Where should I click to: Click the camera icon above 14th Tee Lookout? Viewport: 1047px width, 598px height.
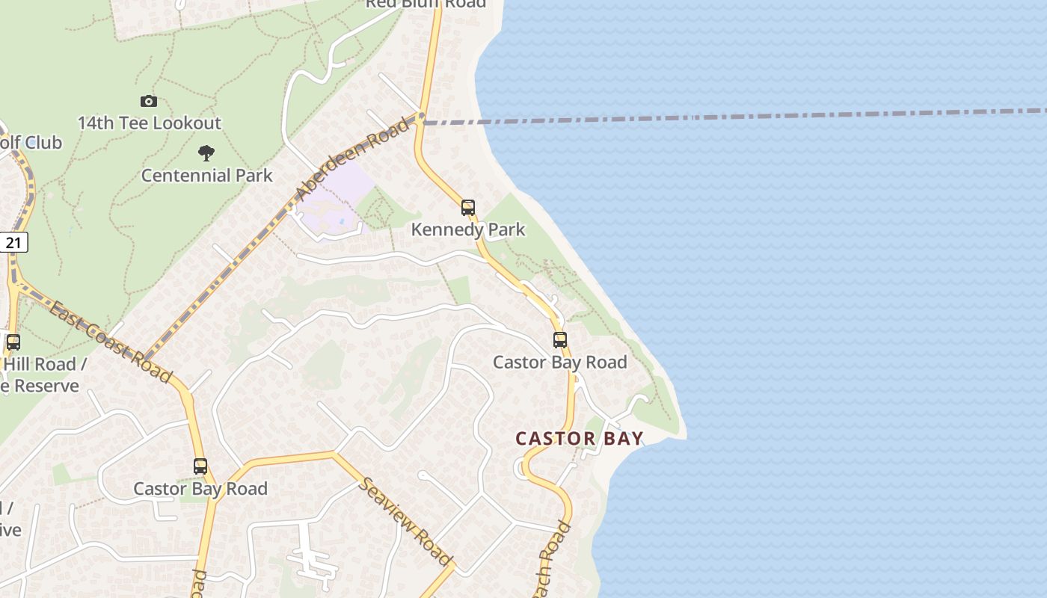[x=149, y=101]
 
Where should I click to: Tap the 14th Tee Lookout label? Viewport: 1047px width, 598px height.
[x=150, y=123]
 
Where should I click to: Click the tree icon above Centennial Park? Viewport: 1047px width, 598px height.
[x=206, y=153]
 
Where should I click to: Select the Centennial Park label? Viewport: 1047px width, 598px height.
[x=207, y=176]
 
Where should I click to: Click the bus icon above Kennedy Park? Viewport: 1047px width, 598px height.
[x=468, y=208]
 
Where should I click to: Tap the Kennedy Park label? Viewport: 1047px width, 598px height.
[x=468, y=229]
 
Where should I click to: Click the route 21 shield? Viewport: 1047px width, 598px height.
[x=13, y=242]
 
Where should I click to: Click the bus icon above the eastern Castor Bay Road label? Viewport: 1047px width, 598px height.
[x=560, y=340]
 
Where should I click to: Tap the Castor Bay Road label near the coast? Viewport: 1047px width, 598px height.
[x=559, y=363]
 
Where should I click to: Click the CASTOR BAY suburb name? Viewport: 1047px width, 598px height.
[x=580, y=439]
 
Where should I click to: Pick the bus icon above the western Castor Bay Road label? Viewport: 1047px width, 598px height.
[x=200, y=466]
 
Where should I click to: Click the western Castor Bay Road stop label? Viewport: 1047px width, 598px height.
[x=200, y=489]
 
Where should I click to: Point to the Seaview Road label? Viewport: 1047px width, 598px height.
[x=406, y=520]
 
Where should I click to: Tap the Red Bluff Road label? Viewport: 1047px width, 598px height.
[x=426, y=4]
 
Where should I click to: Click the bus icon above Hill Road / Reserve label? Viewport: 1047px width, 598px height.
[x=13, y=342]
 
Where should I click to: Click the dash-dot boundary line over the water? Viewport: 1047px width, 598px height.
[x=748, y=116]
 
